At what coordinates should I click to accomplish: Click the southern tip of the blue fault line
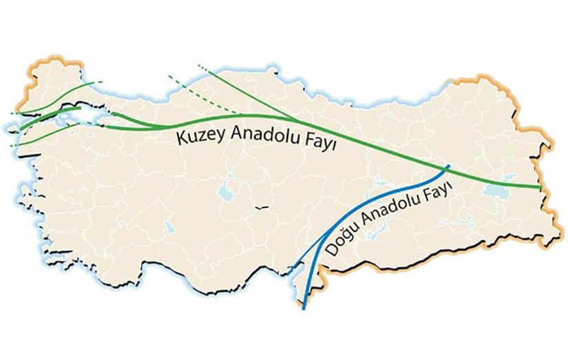[304, 308]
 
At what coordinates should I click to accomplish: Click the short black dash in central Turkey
[260, 207]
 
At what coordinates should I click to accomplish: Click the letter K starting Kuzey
[181, 138]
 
